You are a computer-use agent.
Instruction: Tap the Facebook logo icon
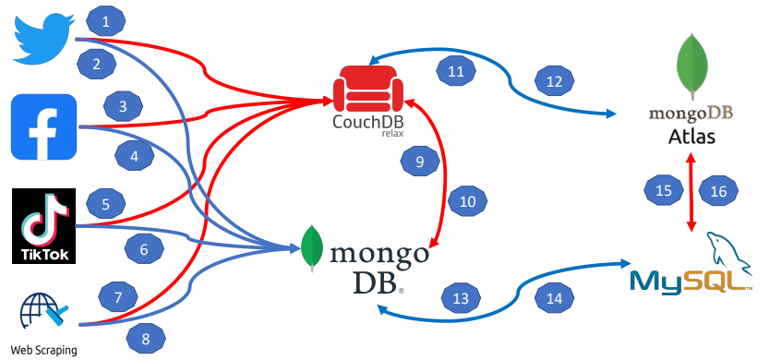[43, 126]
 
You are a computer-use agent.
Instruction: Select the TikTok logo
[43, 226]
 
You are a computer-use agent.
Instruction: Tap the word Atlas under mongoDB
[692, 138]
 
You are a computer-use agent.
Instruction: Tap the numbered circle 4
[135, 156]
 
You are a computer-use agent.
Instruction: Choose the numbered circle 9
[420, 162]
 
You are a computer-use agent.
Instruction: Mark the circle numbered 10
[468, 200]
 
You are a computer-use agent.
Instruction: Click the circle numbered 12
[554, 82]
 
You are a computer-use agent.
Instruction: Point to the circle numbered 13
[461, 297]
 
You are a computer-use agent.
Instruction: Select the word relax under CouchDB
[394, 133]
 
